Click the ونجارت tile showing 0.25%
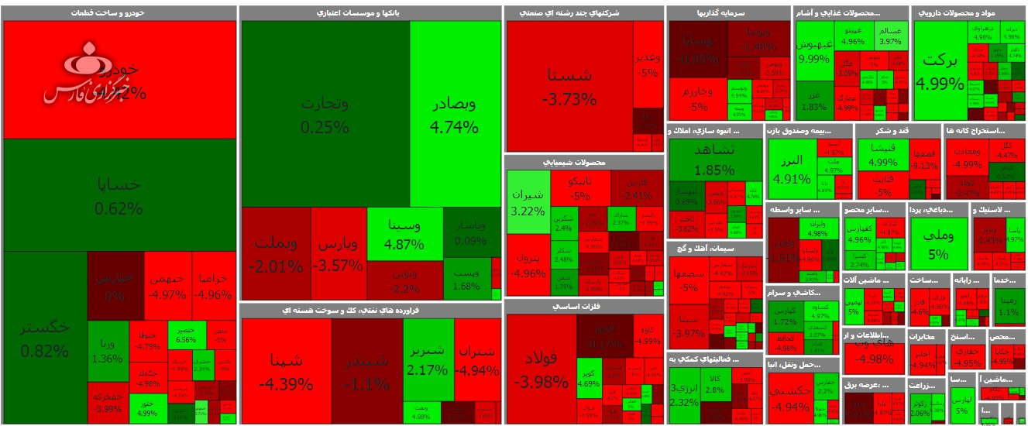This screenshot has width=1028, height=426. click(x=325, y=114)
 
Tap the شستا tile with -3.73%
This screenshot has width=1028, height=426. click(x=569, y=86)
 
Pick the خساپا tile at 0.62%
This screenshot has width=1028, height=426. click(x=119, y=195)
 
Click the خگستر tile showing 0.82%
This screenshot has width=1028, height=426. click(x=45, y=338)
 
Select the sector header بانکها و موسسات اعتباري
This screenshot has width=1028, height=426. click(x=369, y=13)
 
